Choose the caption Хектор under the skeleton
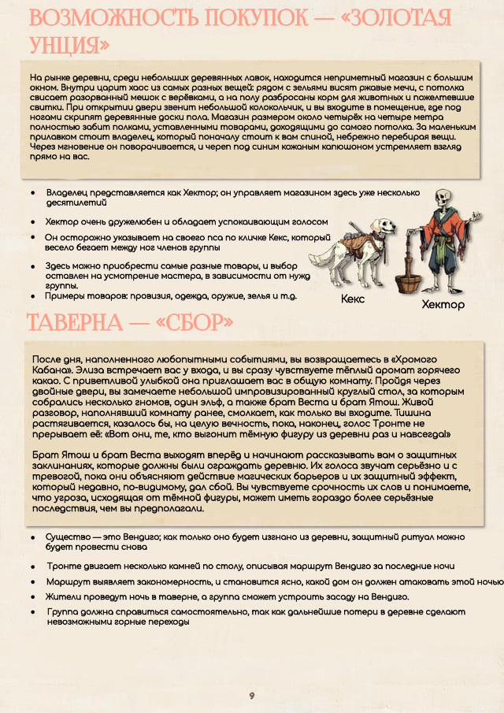(x=443, y=305)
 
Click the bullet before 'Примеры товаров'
(x=32, y=296)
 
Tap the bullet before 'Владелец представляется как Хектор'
(x=32, y=192)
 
